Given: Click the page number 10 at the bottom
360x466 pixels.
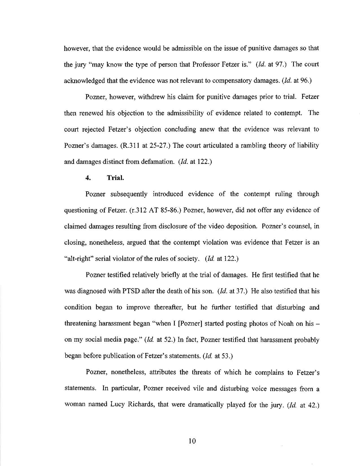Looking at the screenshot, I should click(x=192, y=441).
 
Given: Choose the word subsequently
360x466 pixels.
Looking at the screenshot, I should click(x=129, y=194).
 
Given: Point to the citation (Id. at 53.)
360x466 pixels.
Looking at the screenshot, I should click(x=218, y=356).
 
